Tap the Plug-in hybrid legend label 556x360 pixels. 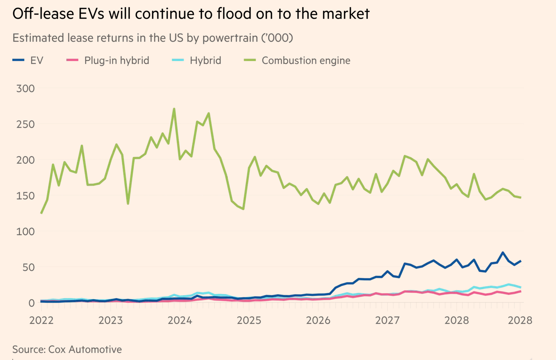pos(116,61)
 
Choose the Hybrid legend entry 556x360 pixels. pos(205,61)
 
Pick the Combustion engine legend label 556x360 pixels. pos(305,61)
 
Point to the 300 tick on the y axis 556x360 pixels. pos(25,89)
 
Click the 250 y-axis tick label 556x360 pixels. pos(25,124)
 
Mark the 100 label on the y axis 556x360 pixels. pos(25,232)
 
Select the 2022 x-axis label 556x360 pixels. pos(42,321)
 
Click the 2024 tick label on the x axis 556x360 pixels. pos(180,321)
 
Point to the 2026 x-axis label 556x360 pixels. pos(318,321)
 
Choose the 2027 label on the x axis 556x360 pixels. pos(387,321)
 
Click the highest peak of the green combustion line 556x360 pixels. pos(174,109)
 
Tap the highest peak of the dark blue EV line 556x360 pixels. pos(503,253)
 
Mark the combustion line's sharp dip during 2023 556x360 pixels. pos(128,204)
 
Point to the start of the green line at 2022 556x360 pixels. pos(41,213)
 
